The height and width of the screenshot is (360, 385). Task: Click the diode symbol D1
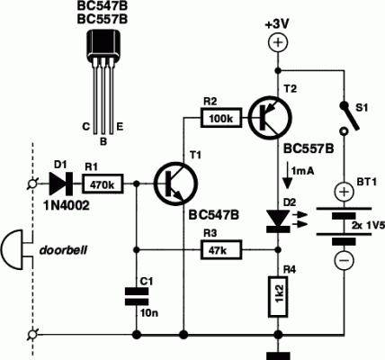pyautogui.click(x=61, y=184)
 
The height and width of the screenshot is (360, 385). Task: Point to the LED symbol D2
pyautogui.click(x=277, y=217)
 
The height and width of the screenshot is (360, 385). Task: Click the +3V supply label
pyautogui.click(x=277, y=23)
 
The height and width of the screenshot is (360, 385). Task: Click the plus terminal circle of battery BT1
pyautogui.click(x=344, y=193)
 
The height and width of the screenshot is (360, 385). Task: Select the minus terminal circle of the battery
pyautogui.click(x=344, y=260)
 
